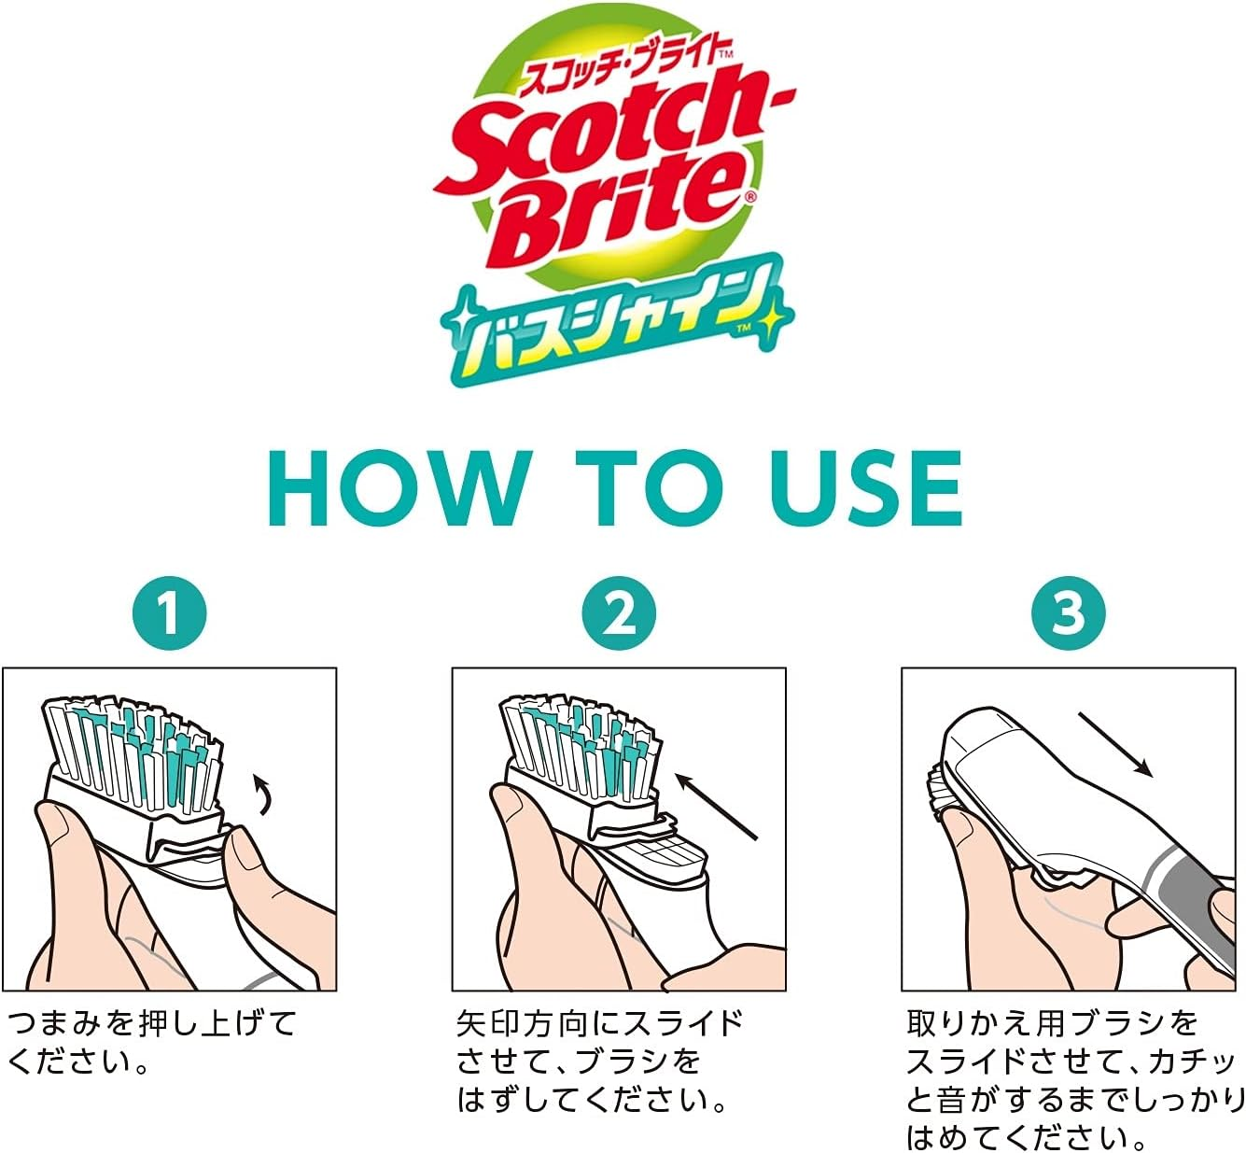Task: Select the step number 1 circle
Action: pos(169,614)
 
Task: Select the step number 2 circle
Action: pos(619,614)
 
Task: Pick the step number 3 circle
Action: pos(1069,614)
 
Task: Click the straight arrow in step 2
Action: pos(715,806)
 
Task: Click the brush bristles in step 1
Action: pos(135,747)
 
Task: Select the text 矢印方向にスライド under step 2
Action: pos(600,1023)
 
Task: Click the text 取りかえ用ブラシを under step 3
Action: pos(1052,1023)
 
